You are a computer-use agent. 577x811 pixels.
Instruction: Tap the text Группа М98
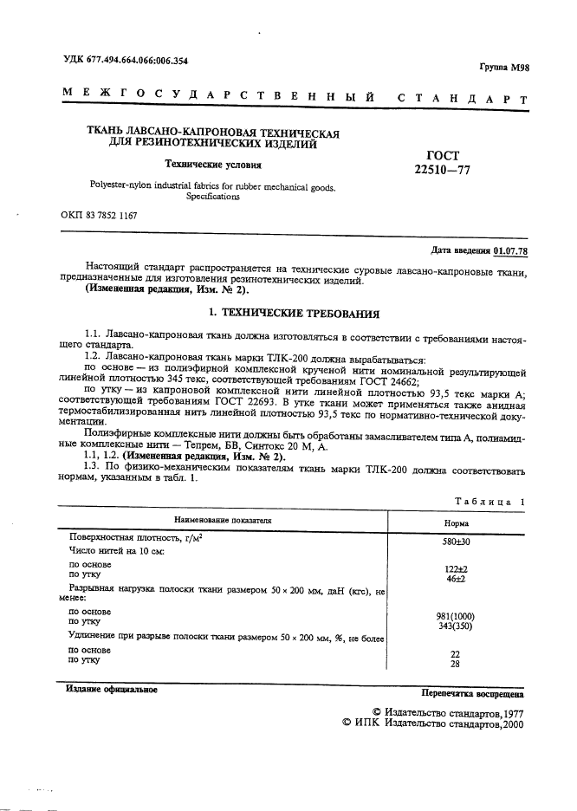502,67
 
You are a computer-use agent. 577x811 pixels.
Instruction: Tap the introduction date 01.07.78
510,251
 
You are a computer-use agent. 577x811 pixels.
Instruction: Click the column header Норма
456,523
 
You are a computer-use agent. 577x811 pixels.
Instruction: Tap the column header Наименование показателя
224,520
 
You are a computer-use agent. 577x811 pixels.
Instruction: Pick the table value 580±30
456,541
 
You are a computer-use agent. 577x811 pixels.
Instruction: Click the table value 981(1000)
456,616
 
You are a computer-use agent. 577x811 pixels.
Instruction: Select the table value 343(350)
456,626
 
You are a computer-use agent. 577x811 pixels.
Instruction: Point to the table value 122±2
456,568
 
